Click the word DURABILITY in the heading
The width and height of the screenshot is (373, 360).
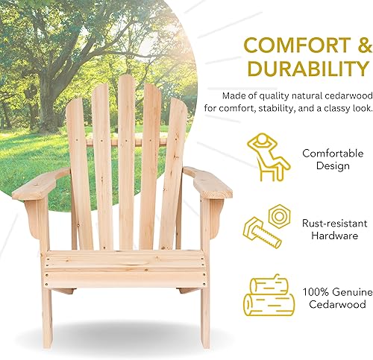(x=299, y=69)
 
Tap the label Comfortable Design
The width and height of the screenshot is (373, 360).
(x=327, y=159)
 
